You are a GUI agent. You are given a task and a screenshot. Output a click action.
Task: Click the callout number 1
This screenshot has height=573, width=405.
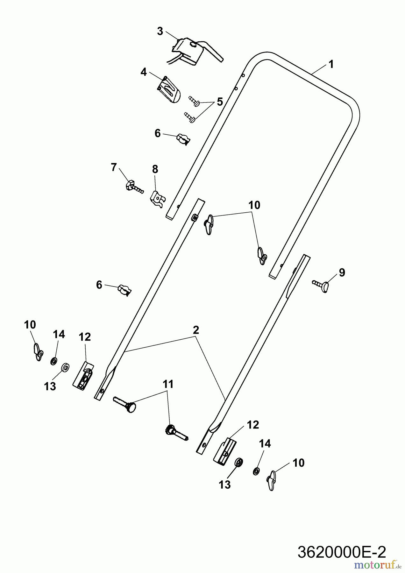click(x=331, y=65)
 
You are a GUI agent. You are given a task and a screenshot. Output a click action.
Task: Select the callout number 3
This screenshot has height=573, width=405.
click(x=160, y=31)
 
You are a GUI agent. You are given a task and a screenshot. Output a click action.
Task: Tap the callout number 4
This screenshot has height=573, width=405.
click(x=144, y=72)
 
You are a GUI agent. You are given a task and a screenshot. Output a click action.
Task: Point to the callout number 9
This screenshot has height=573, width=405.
click(x=342, y=272)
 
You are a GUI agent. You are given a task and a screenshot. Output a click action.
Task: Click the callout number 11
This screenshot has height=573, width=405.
click(x=168, y=384)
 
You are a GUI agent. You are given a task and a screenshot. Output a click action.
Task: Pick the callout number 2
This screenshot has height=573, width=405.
click(x=196, y=330)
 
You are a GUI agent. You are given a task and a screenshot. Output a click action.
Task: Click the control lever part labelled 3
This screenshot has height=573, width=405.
click(x=196, y=52)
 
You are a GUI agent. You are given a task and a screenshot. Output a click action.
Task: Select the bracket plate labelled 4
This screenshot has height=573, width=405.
click(x=169, y=90)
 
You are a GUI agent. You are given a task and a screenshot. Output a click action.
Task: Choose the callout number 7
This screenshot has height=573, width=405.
click(x=114, y=167)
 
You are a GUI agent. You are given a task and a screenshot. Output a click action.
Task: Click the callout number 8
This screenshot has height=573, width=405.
click(x=155, y=169)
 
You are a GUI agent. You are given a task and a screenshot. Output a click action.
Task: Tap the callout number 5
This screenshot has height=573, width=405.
click(x=220, y=102)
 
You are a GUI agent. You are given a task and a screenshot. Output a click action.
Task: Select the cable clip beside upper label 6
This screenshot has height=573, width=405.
click(x=183, y=139)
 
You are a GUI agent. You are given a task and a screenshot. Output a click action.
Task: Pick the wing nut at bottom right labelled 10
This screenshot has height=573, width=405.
click(x=271, y=481)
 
